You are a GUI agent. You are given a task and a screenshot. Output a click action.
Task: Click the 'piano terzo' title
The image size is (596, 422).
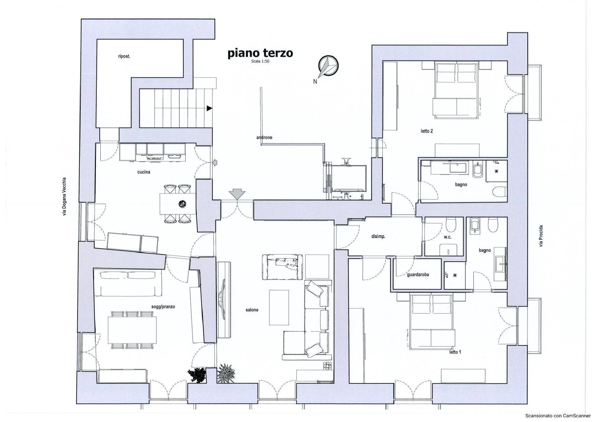coord(260,53)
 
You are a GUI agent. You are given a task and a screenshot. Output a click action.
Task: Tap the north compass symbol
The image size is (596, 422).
coord(328,66)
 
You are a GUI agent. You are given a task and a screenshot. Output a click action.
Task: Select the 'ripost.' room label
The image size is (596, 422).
coord(124,57)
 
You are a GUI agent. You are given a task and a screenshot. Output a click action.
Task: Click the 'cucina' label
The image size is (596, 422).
coord(144,172)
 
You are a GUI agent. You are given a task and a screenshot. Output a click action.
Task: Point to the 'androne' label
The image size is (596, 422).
coord(264,137)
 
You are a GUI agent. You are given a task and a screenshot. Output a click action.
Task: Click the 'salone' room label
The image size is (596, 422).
coord(252,310)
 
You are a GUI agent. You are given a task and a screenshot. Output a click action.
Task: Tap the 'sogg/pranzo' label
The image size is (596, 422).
coord(163,307)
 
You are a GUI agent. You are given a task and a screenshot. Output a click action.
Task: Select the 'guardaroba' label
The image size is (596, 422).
coord(418,275)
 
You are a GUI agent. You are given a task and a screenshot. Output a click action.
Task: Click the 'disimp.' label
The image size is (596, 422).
coord(378,236)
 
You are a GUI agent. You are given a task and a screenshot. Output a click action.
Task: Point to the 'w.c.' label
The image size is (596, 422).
coord(447,237)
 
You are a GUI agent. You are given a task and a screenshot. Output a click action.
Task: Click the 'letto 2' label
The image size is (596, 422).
coord(427,131)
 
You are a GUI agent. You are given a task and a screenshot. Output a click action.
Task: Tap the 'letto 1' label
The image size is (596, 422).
coord(455,352)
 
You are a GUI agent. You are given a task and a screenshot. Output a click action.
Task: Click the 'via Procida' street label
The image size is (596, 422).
coord(541,236)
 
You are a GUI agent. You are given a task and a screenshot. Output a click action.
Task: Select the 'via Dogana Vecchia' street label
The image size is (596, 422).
coord(65,197)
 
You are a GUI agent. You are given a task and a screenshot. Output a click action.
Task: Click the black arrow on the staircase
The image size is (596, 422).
coord(210,108)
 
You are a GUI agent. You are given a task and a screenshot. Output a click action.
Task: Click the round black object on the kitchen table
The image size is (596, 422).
coord(182,204)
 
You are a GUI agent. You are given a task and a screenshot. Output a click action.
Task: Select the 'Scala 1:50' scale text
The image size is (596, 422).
coord(260,62)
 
